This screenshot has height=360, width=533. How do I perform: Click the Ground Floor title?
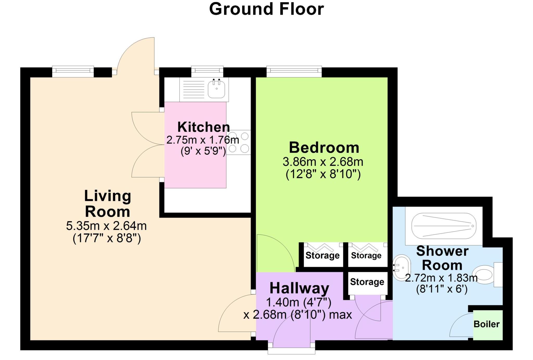(266, 9)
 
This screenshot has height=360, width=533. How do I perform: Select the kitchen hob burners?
(239, 142)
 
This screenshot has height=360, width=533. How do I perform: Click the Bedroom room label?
(324, 147)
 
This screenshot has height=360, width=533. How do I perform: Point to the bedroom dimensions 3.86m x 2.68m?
(323, 162)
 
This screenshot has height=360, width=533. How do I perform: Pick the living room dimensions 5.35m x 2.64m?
(106, 226)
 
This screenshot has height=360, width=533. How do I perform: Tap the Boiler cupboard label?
(486, 324)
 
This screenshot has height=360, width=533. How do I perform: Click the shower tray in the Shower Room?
(444, 226)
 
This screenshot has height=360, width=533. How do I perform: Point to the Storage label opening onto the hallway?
(367, 282)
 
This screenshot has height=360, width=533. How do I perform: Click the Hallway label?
(299, 288)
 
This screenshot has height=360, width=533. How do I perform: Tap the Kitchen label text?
(204, 127)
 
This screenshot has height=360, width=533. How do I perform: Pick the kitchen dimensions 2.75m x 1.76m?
(202, 140)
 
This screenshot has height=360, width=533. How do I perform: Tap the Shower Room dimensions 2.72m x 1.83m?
(441, 278)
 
